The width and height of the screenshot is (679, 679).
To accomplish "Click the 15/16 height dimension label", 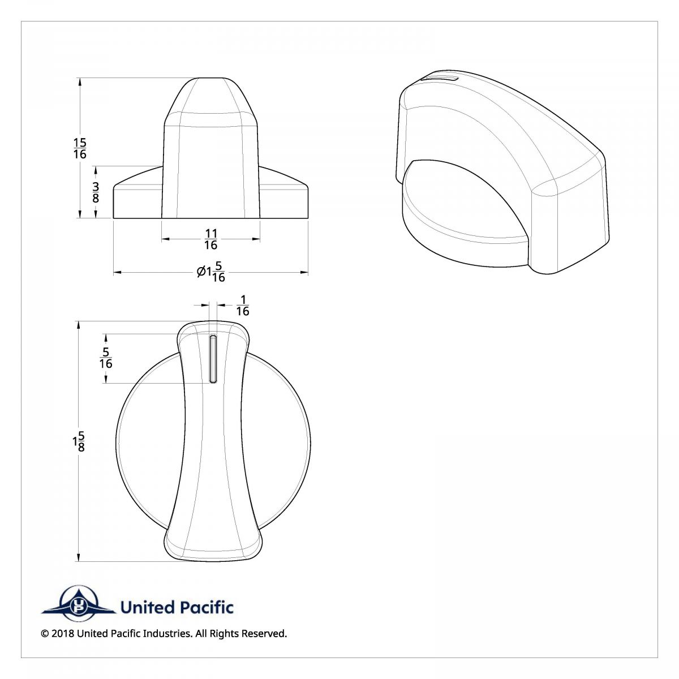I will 80,148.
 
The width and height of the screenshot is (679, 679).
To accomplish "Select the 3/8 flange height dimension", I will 96,192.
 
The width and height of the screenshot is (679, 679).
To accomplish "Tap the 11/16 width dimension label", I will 210,239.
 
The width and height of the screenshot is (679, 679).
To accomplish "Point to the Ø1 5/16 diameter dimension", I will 212,273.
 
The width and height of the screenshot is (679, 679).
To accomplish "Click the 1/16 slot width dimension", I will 242,305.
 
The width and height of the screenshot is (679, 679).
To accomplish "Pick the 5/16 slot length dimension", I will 106,358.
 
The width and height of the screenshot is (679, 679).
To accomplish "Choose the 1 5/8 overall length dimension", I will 79,441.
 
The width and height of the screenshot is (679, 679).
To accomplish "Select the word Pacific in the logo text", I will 207,608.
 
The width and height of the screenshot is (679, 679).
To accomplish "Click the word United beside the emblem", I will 147,608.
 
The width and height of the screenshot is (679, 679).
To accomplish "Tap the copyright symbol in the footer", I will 45,634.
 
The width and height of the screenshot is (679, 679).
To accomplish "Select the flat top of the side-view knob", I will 210,79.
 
